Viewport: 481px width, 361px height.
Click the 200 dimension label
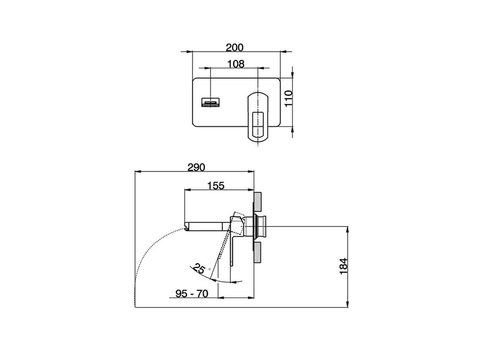point(234,47)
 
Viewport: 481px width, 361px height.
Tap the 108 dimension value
point(236,64)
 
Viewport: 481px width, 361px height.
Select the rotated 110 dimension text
point(288,99)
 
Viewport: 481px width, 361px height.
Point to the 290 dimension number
point(196,167)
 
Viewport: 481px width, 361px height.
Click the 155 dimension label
point(216,186)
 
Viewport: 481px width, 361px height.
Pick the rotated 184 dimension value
point(343,266)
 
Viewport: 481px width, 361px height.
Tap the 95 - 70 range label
point(192,294)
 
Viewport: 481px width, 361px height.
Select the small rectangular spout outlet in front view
point(210,102)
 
